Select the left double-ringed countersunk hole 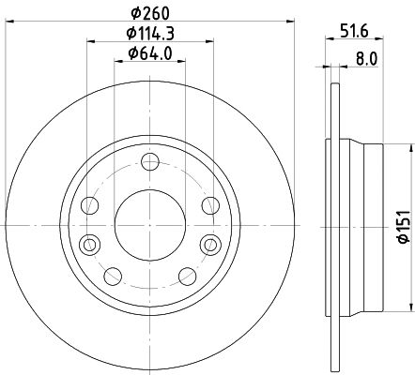click(90, 244)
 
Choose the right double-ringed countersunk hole click(209, 244)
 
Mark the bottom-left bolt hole click(114, 276)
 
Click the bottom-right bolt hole click(186, 276)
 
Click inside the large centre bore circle click(150, 224)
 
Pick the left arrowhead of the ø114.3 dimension click(89, 41)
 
